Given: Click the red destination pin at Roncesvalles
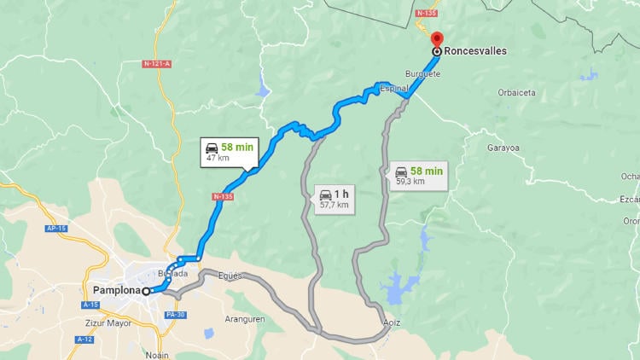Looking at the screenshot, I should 437,39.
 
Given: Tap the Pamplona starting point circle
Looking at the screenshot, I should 146,292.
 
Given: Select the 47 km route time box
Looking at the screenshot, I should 230,152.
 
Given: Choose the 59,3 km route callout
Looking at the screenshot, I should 419,175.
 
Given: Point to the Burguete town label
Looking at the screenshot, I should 422,73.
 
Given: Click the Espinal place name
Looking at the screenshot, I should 393,88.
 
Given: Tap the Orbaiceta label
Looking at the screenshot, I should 517,92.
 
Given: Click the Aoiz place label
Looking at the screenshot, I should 391,322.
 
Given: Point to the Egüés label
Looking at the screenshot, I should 230,276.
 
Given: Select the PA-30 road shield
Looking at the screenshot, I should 176,315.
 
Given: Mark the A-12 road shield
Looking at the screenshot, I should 84,340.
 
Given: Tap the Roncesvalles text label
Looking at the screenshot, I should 475,51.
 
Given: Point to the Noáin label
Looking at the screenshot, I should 157,354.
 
